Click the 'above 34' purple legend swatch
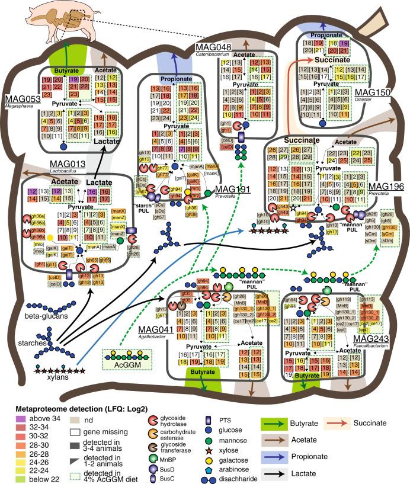[9, 412]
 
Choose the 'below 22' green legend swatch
[9, 475]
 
